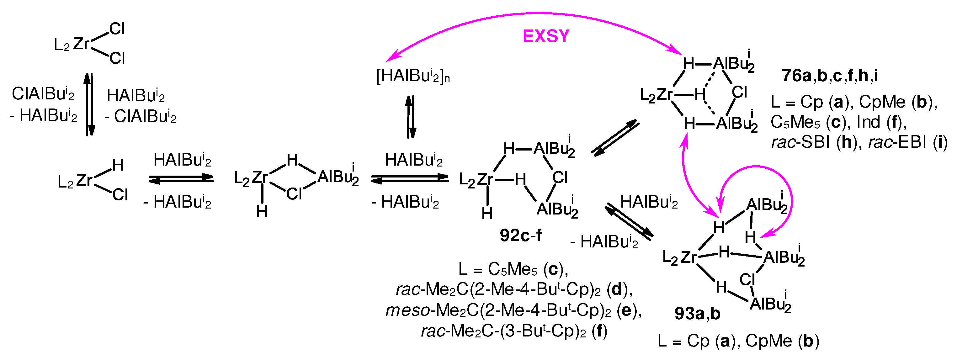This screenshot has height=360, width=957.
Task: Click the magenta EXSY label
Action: pyautogui.click(x=546, y=36)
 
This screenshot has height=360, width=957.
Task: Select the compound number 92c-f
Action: pyautogui.click(x=520, y=236)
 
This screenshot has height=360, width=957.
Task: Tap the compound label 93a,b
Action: pyautogui.click(x=697, y=314)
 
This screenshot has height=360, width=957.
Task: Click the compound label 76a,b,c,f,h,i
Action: pyautogui.click(x=830, y=76)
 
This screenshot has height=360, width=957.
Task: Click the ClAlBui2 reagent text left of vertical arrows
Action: pyautogui.click(x=43, y=94)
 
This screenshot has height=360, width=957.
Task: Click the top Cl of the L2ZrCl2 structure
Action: pyautogui.click(x=117, y=29)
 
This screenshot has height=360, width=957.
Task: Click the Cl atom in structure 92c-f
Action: pyautogui.click(x=560, y=177)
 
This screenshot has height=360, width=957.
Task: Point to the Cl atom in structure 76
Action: pyautogui.click(x=739, y=92)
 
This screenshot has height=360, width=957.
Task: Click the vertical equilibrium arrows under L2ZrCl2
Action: pyautogui.click(x=89, y=104)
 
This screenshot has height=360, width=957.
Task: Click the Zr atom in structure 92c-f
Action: pyautogui.click(x=485, y=180)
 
